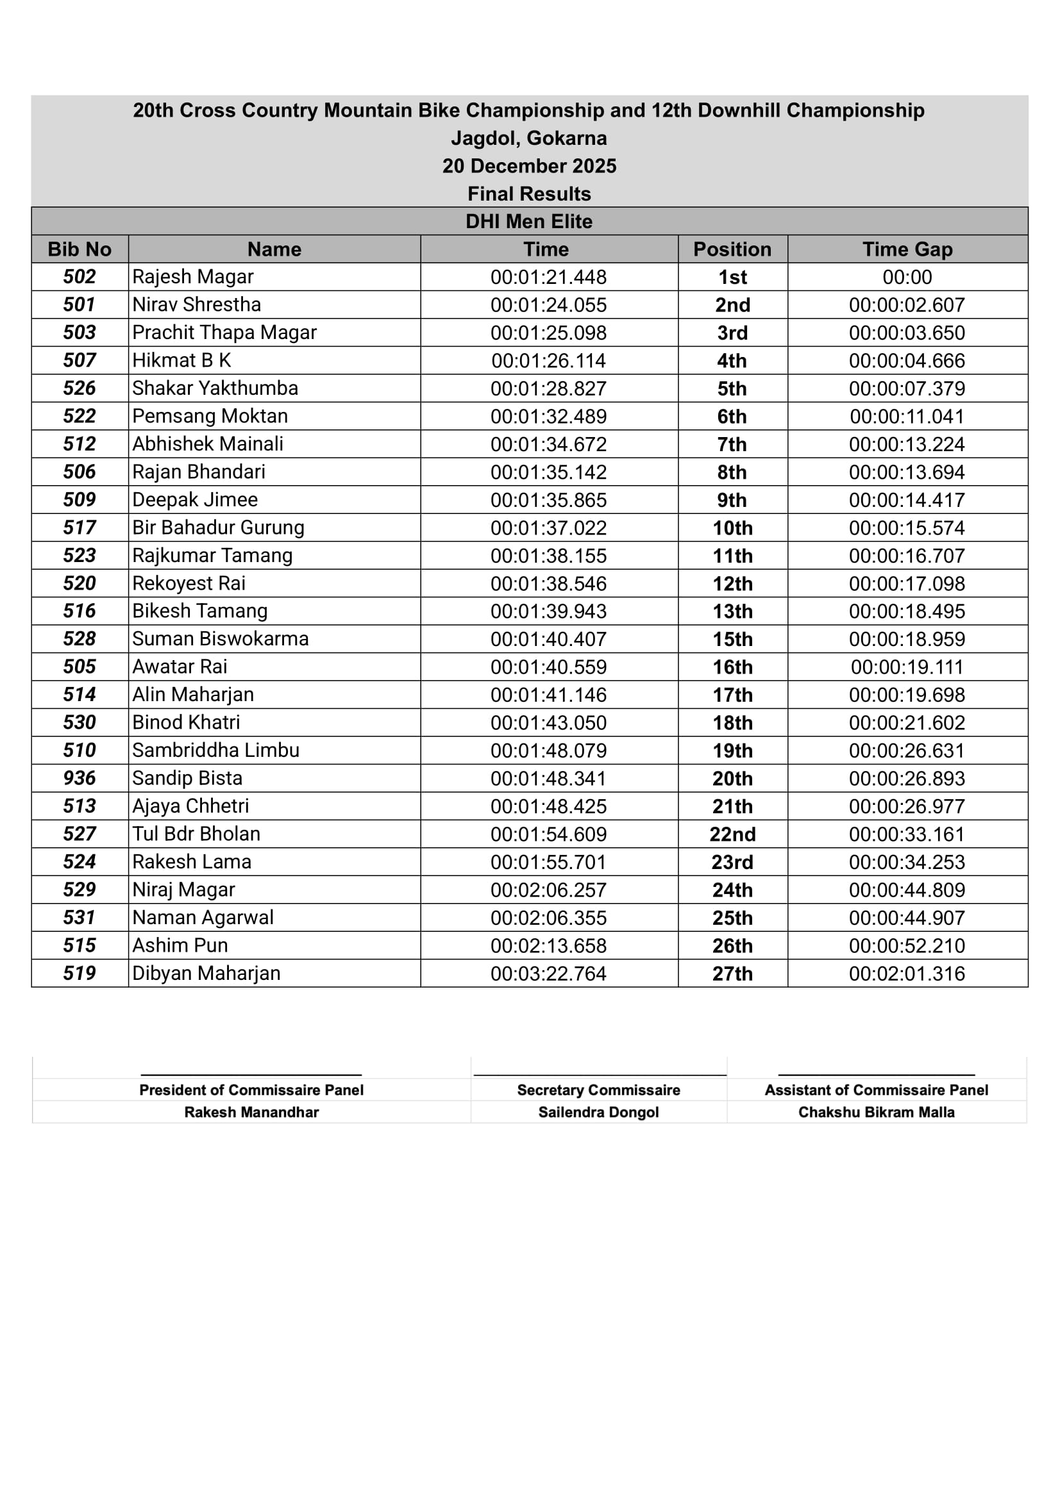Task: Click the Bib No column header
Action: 80,249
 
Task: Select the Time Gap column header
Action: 907,249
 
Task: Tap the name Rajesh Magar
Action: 192,277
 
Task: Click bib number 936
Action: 80,778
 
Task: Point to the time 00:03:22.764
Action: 548,973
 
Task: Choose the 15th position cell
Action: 732,639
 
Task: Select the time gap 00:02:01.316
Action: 907,973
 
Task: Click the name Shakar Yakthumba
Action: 215,388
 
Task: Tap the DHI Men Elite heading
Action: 529,221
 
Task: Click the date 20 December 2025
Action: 529,166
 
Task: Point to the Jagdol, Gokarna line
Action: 529,138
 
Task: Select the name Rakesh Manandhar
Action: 251,1112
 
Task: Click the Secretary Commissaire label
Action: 598,1089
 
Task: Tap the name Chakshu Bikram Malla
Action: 876,1112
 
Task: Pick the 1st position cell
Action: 732,277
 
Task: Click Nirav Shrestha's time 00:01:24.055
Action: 548,305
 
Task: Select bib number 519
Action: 80,973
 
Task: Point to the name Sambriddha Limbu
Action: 215,750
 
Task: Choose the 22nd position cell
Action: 732,834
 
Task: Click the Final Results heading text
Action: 529,194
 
